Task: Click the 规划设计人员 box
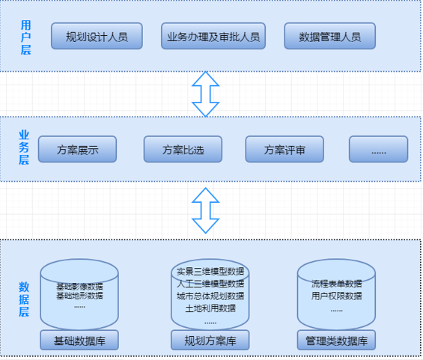point(97,36)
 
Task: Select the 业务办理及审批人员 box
point(213,36)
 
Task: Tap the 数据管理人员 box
point(329,36)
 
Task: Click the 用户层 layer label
point(26,37)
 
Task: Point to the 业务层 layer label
point(24,147)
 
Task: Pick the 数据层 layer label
point(24,299)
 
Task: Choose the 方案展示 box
point(77,149)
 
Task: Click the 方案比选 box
point(183,149)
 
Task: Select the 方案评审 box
point(284,149)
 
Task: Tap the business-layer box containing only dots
point(379,149)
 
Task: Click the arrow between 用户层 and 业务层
point(206,94)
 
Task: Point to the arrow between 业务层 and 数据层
point(206,210)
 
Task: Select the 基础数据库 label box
point(79,341)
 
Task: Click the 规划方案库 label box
point(210,341)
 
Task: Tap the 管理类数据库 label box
point(336,341)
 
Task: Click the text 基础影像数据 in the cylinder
point(79,286)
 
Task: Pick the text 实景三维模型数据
point(210,271)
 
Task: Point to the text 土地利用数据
point(210,308)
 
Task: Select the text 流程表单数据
point(336,284)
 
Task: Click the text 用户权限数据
point(336,296)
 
